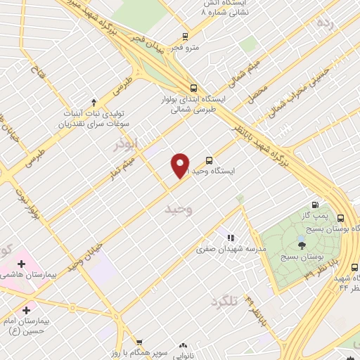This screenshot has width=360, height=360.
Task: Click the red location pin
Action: [180, 165]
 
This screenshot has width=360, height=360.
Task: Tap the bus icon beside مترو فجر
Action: [185, 36]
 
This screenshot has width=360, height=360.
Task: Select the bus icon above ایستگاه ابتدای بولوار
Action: [192, 87]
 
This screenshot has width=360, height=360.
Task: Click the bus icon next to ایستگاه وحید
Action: [208, 160]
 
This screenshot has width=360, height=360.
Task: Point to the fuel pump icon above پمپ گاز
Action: [314, 205]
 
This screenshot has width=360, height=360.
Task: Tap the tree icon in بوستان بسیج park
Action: [302, 245]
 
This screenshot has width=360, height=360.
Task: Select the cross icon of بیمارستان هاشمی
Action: [21, 264]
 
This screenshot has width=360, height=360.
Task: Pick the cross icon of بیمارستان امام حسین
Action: [26, 309]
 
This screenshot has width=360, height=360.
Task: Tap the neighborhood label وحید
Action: [176, 210]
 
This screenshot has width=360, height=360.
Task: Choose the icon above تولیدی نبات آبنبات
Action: [94, 103]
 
